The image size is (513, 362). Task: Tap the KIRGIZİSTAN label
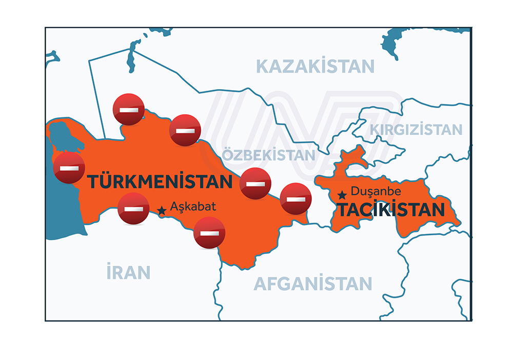click(416, 130)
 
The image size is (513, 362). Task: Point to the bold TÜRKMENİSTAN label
click(160, 182)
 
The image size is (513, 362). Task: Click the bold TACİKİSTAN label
click(390, 210)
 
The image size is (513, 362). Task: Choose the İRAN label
click(128, 272)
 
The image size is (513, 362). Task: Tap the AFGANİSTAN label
click(313, 283)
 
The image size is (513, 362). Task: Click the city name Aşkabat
click(193, 207)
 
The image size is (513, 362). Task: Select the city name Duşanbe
click(376, 191)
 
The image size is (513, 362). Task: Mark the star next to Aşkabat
click(162, 210)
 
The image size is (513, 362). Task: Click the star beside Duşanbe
click(342, 195)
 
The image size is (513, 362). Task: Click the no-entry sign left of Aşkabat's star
click(133, 209)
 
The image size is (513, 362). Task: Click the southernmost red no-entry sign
click(209, 232)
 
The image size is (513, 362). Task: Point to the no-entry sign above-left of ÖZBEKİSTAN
click(185, 130)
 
